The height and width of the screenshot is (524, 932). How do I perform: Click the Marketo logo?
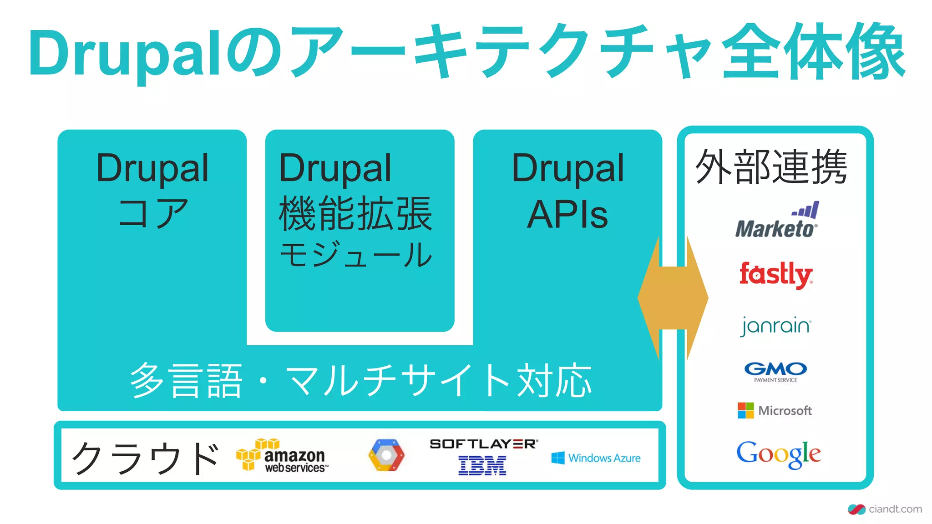click(776, 222)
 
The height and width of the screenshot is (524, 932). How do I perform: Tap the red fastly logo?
click(776, 274)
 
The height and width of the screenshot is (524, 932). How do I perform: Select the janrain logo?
click(776, 326)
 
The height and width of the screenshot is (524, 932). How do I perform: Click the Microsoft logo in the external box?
click(775, 410)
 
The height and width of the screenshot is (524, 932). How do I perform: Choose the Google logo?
click(778, 454)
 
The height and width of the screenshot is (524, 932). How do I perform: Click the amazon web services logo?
click(282, 455)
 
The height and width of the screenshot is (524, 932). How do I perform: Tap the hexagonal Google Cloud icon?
click(386, 455)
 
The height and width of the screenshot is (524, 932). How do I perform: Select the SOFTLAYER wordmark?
click(483, 443)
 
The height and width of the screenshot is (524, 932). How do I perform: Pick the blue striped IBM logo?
click(482, 465)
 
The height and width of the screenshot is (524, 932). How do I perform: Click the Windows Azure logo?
click(596, 458)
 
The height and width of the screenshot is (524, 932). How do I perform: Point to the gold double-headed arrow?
click(673, 298)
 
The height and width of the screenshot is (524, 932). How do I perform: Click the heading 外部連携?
click(771, 167)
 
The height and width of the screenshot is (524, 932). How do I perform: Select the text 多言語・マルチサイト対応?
click(360, 381)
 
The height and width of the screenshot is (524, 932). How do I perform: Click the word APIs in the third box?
click(567, 214)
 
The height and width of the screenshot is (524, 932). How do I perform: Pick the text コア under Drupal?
click(153, 213)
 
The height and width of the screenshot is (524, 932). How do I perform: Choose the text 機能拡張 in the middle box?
click(355, 214)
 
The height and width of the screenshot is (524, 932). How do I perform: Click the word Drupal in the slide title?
click(125, 54)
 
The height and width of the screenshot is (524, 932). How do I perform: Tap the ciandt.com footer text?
click(895, 509)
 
